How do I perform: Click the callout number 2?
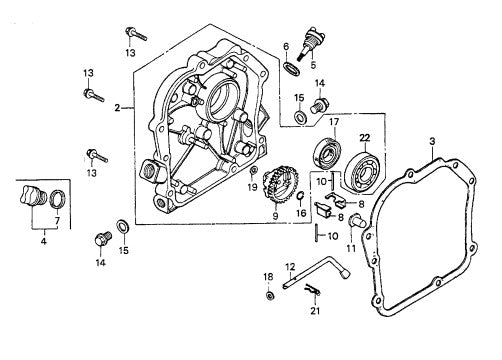pos(117,107)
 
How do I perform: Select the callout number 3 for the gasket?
pos(432,141)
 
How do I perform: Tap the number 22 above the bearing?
pos(365,137)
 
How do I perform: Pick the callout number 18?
pos(268,276)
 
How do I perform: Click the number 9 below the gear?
pos(274,216)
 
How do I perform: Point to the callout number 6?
pos(286,46)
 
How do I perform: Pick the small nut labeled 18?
pos(270,297)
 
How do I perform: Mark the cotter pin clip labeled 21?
pos(314,292)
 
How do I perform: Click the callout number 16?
pos(300,213)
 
